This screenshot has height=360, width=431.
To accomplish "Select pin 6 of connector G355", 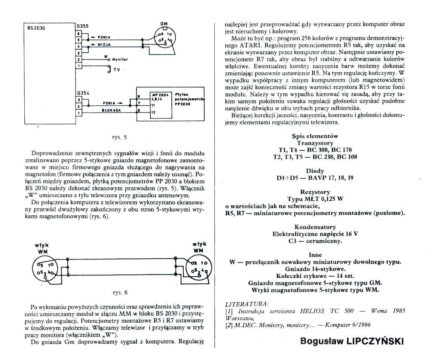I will click(78, 33).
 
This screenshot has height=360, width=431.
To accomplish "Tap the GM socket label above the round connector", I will click(164, 24).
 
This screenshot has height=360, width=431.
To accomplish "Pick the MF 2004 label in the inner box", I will click(160, 95).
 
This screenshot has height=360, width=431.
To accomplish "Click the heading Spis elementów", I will click(315, 136).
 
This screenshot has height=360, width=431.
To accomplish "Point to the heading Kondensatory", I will click(315, 227).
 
